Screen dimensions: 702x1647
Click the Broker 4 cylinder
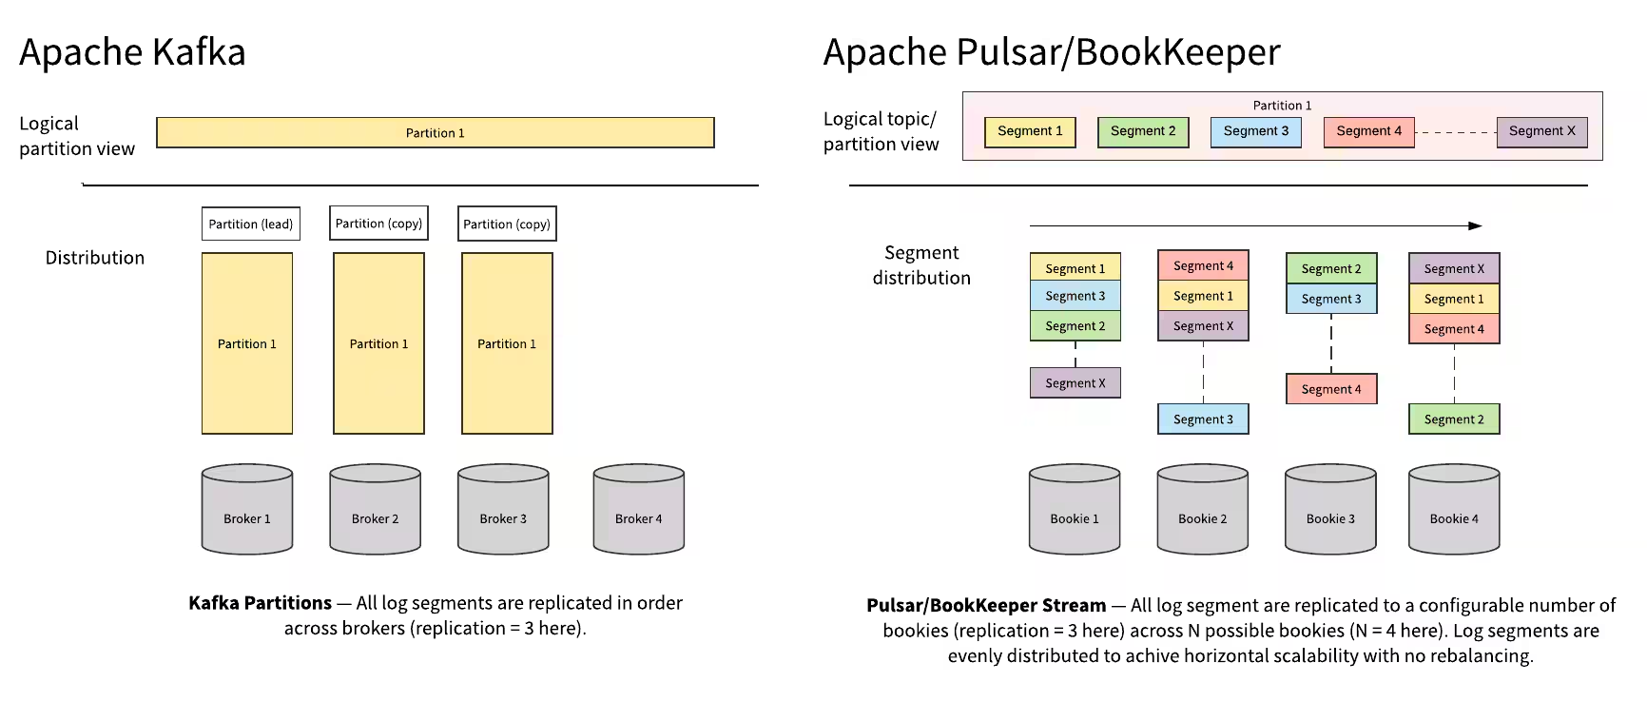[x=638, y=510]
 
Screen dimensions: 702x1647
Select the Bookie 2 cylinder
[x=1202, y=510]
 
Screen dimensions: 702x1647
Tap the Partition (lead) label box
[x=251, y=224]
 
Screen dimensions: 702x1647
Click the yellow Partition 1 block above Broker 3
[x=507, y=343]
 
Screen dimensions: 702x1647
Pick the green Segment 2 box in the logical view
[x=1142, y=131]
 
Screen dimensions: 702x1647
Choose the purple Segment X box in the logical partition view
[x=1541, y=131]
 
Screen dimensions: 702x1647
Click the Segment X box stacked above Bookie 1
[x=1075, y=382]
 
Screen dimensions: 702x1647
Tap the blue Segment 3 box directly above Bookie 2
[x=1202, y=419]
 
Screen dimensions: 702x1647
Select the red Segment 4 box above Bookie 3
[x=1330, y=389]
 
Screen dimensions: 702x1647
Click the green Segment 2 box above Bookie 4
[x=1453, y=419]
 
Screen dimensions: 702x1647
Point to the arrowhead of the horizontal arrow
[x=1475, y=225]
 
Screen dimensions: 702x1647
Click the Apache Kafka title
[x=132, y=51]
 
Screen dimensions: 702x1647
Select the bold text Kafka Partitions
[x=260, y=602]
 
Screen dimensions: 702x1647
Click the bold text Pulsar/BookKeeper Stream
[x=986, y=605]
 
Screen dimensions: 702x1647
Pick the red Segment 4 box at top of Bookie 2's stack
[x=1202, y=265]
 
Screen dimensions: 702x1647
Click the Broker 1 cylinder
[x=246, y=510]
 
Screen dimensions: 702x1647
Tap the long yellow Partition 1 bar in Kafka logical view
[x=435, y=132]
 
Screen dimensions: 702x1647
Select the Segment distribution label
[x=921, y=264]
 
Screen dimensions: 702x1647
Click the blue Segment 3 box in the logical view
[x=1255, y=131]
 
